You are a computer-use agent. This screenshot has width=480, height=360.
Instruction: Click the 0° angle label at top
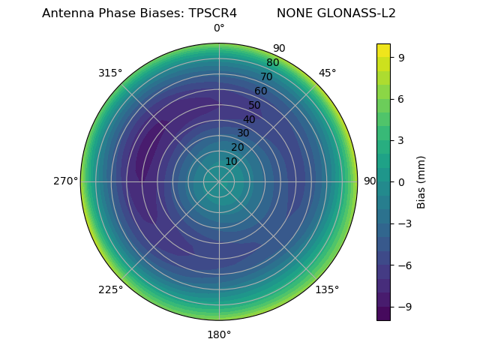(219, 28)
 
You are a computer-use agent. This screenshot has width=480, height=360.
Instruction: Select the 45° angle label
(328, 73)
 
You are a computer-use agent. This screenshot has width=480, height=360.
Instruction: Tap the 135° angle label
(327, 289)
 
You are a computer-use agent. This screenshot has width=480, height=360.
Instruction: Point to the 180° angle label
(219, 334)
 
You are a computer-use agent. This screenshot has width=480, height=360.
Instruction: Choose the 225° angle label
(110, 289)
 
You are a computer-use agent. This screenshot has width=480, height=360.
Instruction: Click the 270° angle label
(65, 181)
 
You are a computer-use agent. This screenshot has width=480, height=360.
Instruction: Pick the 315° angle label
(110, 73)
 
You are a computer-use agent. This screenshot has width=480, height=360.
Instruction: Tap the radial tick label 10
(231, 162)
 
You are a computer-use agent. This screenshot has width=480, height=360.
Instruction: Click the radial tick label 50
(255, 106)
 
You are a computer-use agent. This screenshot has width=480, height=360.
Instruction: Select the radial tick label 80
(273, 63)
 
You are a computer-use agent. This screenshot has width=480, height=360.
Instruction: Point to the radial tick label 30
(243, 133)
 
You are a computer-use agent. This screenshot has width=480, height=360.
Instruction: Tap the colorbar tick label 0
(402, 181)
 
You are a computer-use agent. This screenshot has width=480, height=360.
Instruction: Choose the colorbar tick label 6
(402, 98)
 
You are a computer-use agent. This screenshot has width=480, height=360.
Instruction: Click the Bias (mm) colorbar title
(421, 181)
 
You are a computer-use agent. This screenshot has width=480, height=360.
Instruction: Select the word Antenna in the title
(67, 13)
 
